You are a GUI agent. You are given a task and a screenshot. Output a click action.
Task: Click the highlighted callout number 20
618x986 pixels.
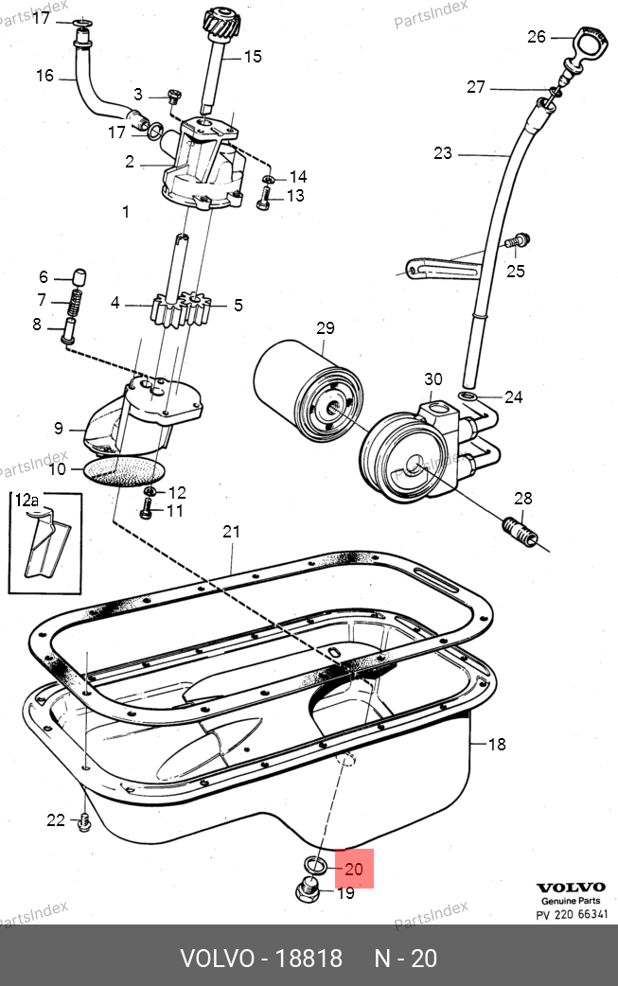coord(354,869)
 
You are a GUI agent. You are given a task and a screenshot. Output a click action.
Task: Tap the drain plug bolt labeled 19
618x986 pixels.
coord(308,889)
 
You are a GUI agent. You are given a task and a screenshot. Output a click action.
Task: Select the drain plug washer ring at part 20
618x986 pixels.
coord(314,866)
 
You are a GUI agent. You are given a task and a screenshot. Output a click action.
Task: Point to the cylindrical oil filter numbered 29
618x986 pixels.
coord(309,390)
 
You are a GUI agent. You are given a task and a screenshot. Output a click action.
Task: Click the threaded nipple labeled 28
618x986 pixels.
coord(520,531)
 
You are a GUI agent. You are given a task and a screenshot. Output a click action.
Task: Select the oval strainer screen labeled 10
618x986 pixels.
coord(124,471)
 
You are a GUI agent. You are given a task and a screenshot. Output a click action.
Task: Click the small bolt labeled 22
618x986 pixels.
coord(83,822)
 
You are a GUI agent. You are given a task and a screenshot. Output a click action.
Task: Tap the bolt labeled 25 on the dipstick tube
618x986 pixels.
coord(518,241)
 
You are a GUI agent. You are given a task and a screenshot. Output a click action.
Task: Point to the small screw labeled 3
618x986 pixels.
coord(174,97)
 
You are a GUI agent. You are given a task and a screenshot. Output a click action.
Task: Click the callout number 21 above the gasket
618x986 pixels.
coord(231,532)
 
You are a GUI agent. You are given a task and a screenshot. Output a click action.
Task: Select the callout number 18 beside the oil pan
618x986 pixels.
coord(497,744)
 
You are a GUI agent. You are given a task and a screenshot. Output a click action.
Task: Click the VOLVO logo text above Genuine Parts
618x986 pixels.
coord(571,888)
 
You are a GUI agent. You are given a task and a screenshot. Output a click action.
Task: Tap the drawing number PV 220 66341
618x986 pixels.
coord(572,914)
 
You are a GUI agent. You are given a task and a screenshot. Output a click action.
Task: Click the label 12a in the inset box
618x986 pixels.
coord(26,501)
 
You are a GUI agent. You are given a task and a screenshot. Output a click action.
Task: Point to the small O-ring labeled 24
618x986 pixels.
coord(468,396)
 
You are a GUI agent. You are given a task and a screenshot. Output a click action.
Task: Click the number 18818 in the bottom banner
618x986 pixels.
coord(309,959)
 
